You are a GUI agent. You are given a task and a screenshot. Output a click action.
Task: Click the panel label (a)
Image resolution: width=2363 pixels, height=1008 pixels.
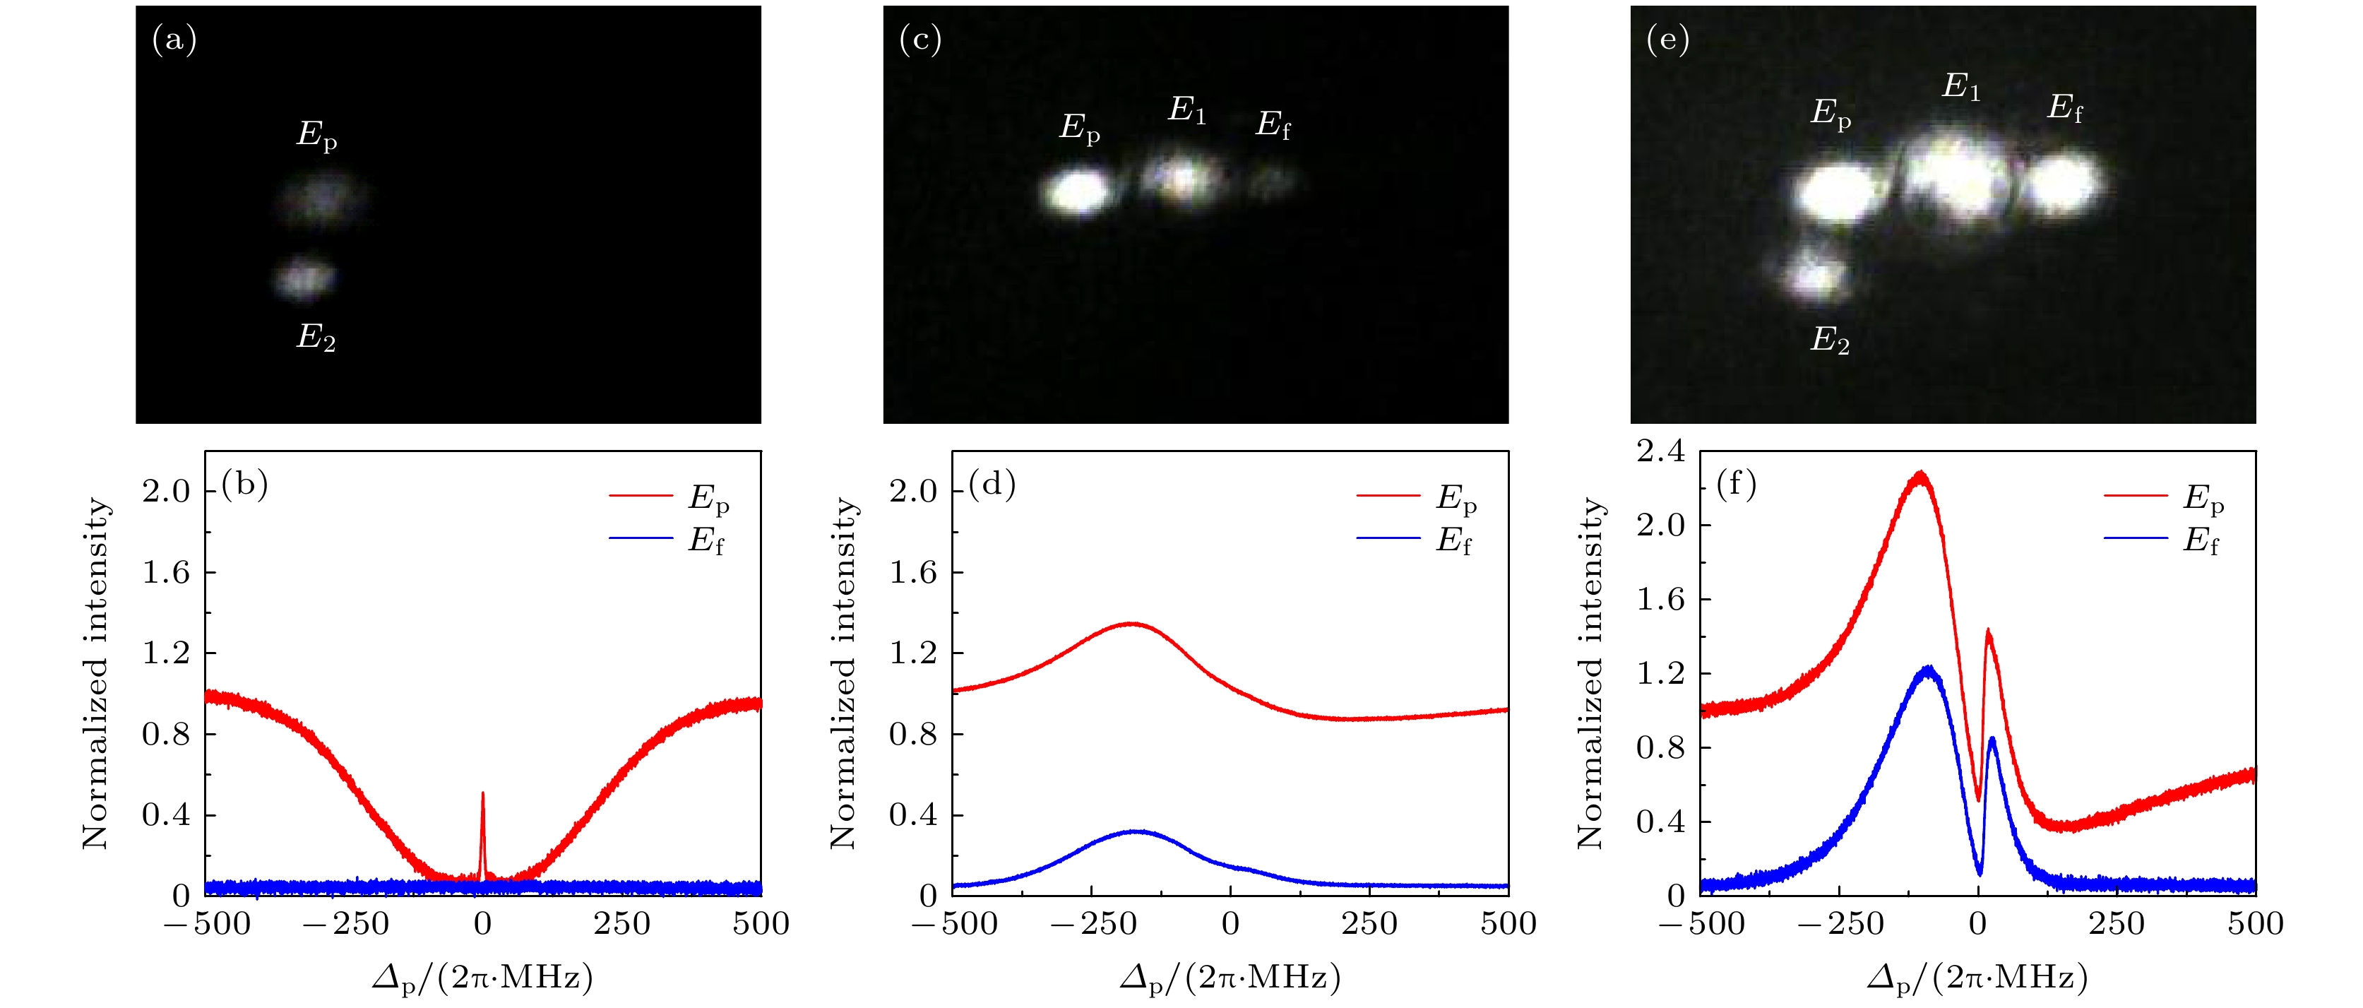[174, 41]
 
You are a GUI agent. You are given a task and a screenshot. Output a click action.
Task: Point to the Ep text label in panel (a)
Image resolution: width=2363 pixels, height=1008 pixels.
[316, 136]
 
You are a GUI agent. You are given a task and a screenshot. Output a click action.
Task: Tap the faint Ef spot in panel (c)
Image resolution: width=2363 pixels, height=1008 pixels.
[1271, 181]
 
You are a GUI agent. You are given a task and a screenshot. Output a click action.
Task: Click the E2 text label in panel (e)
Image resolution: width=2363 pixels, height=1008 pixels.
[1829, 340]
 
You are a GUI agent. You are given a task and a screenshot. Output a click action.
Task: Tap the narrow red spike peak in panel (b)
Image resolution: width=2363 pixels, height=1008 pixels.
[482, 794]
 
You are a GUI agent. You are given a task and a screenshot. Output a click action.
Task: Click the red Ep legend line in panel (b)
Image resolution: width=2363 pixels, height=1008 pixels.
[641, 496]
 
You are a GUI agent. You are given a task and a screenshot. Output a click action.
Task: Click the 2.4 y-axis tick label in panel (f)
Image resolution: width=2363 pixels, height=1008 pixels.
[1660, 451]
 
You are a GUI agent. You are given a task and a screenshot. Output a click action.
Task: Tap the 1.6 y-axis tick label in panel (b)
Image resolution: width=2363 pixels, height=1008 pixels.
[165, 572]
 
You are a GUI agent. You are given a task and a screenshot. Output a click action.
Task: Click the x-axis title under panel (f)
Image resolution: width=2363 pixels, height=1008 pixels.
[1977, 978]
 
